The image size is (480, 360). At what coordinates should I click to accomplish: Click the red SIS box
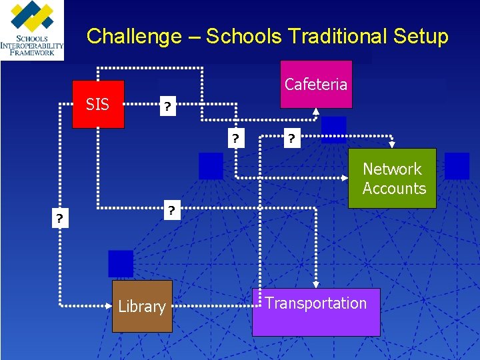[98, 104]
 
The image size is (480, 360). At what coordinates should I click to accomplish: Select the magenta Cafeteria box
[315, 84]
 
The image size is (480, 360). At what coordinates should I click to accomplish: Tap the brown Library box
[141, 306]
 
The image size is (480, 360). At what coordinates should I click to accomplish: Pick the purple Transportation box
[315, 311]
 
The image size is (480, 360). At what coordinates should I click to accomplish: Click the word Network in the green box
[392, 169]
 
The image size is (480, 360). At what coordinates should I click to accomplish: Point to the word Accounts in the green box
[394, 189]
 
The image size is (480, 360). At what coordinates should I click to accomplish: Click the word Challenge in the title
[134, 36]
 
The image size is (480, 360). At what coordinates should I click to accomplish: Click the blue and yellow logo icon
[32, 19]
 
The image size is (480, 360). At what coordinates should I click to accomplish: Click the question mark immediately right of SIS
[168, 107]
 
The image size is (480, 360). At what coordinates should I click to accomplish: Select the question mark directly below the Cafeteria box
[291, 139]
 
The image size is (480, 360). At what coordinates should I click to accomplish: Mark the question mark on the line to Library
[60, 219]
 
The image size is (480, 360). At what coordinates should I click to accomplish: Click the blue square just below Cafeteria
[333, 129]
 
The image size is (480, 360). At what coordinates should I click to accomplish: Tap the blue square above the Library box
[121, 263]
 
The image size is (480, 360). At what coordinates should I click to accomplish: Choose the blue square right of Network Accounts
[457, 166]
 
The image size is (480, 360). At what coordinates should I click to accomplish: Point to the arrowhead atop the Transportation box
[316, 285]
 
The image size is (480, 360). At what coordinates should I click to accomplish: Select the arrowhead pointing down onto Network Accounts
[392, 144]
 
